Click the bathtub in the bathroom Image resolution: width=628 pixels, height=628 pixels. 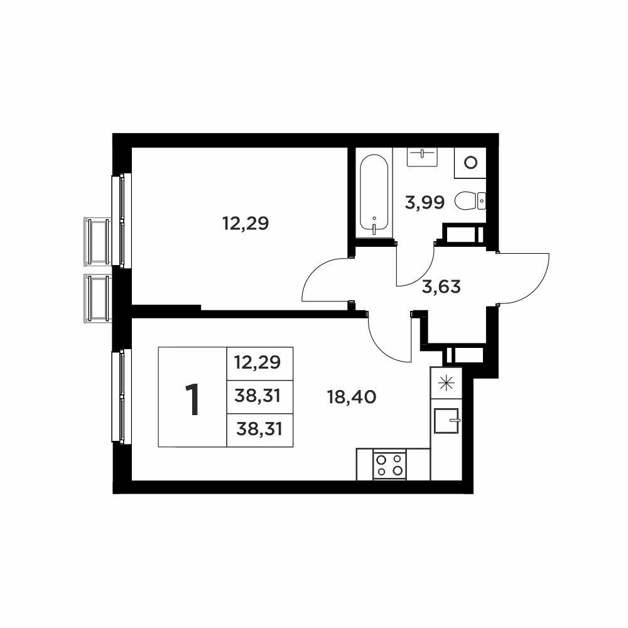374,193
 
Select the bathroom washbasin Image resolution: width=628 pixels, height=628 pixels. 422,157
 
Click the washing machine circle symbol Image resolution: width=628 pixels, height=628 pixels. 470,162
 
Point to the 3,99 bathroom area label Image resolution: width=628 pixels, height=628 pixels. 425,203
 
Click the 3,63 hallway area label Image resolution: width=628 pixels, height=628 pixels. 441,287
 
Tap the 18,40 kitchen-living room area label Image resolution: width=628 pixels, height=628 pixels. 352,398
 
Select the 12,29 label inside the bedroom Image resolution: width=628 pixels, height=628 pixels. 245,223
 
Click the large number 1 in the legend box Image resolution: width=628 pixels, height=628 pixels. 193,399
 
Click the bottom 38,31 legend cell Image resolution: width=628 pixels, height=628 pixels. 259,430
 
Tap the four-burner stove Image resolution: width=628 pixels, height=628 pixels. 389,465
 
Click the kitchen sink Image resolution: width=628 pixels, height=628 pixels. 446,421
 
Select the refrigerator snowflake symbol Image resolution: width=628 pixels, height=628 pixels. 446,383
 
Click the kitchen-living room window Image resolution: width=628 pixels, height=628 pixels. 121,396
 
